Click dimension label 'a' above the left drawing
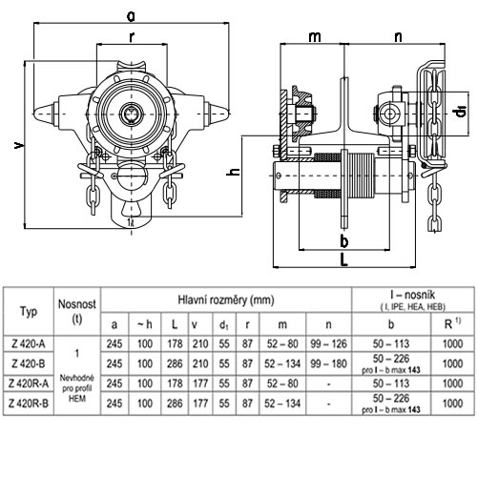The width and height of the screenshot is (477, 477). click(131, 16)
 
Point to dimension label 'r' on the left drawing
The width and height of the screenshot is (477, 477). click(132, 37)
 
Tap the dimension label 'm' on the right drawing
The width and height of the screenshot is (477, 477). click(315, 37)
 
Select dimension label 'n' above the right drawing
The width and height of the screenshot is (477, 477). click(398, 37)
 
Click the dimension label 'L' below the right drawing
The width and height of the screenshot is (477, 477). click(344, 259)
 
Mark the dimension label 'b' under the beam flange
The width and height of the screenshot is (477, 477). click(344, 241)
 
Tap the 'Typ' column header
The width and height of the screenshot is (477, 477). click(29, 312)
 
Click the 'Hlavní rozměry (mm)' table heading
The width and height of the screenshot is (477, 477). click(226, 300)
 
